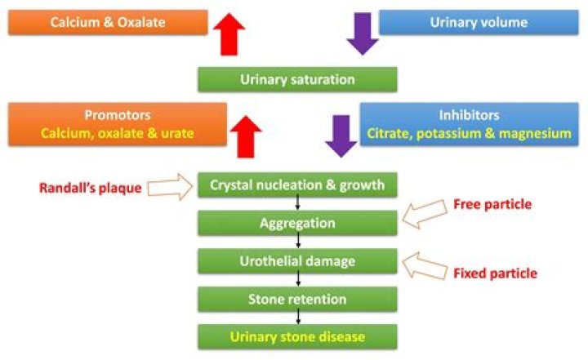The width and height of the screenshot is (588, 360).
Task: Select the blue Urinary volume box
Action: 478,22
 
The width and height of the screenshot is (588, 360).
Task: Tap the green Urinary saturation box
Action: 297,79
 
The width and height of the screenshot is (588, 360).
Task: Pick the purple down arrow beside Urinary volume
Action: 363,33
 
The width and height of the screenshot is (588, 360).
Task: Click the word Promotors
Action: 118,115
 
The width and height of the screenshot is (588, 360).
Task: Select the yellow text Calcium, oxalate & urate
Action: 118,132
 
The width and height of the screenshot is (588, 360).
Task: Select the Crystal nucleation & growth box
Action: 297,184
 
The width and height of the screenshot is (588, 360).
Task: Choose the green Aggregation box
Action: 297,223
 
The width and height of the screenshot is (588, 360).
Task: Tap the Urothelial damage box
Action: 297,261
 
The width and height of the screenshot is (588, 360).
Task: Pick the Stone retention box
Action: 297,299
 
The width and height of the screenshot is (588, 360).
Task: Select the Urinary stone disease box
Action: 297,336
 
